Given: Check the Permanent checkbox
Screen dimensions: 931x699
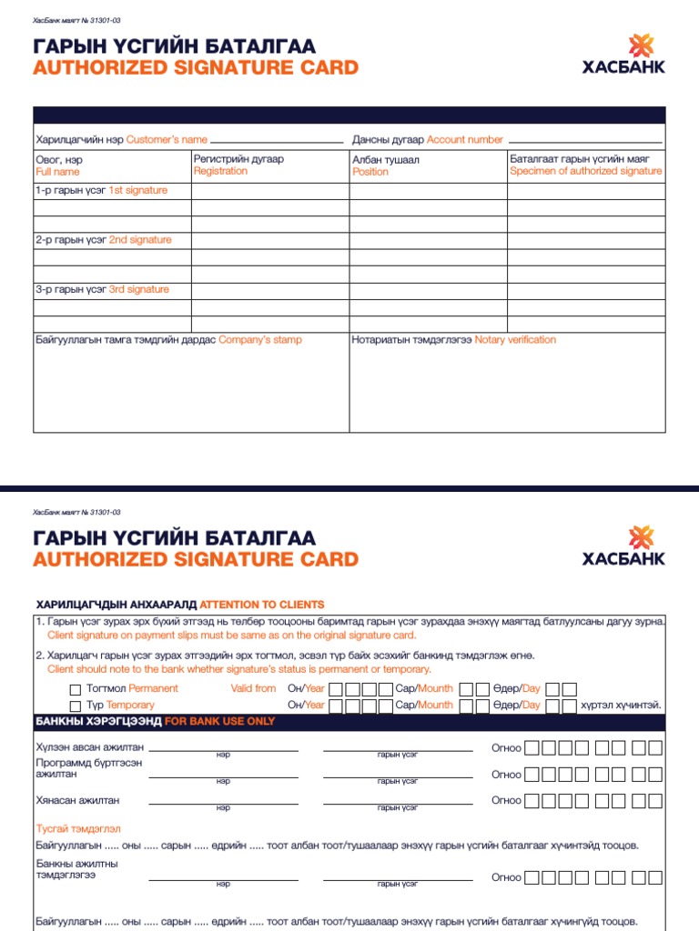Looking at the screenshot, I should coord(76,689).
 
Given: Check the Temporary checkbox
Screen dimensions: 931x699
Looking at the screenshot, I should coord(76,706).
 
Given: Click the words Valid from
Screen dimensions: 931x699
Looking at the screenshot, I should coord(253,688).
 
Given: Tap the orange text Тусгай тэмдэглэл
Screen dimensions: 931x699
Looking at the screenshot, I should coord(78,828).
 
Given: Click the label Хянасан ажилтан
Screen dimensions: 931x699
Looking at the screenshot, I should coord(77,800).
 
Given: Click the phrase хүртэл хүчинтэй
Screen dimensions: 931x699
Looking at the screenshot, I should coord(620,705).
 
